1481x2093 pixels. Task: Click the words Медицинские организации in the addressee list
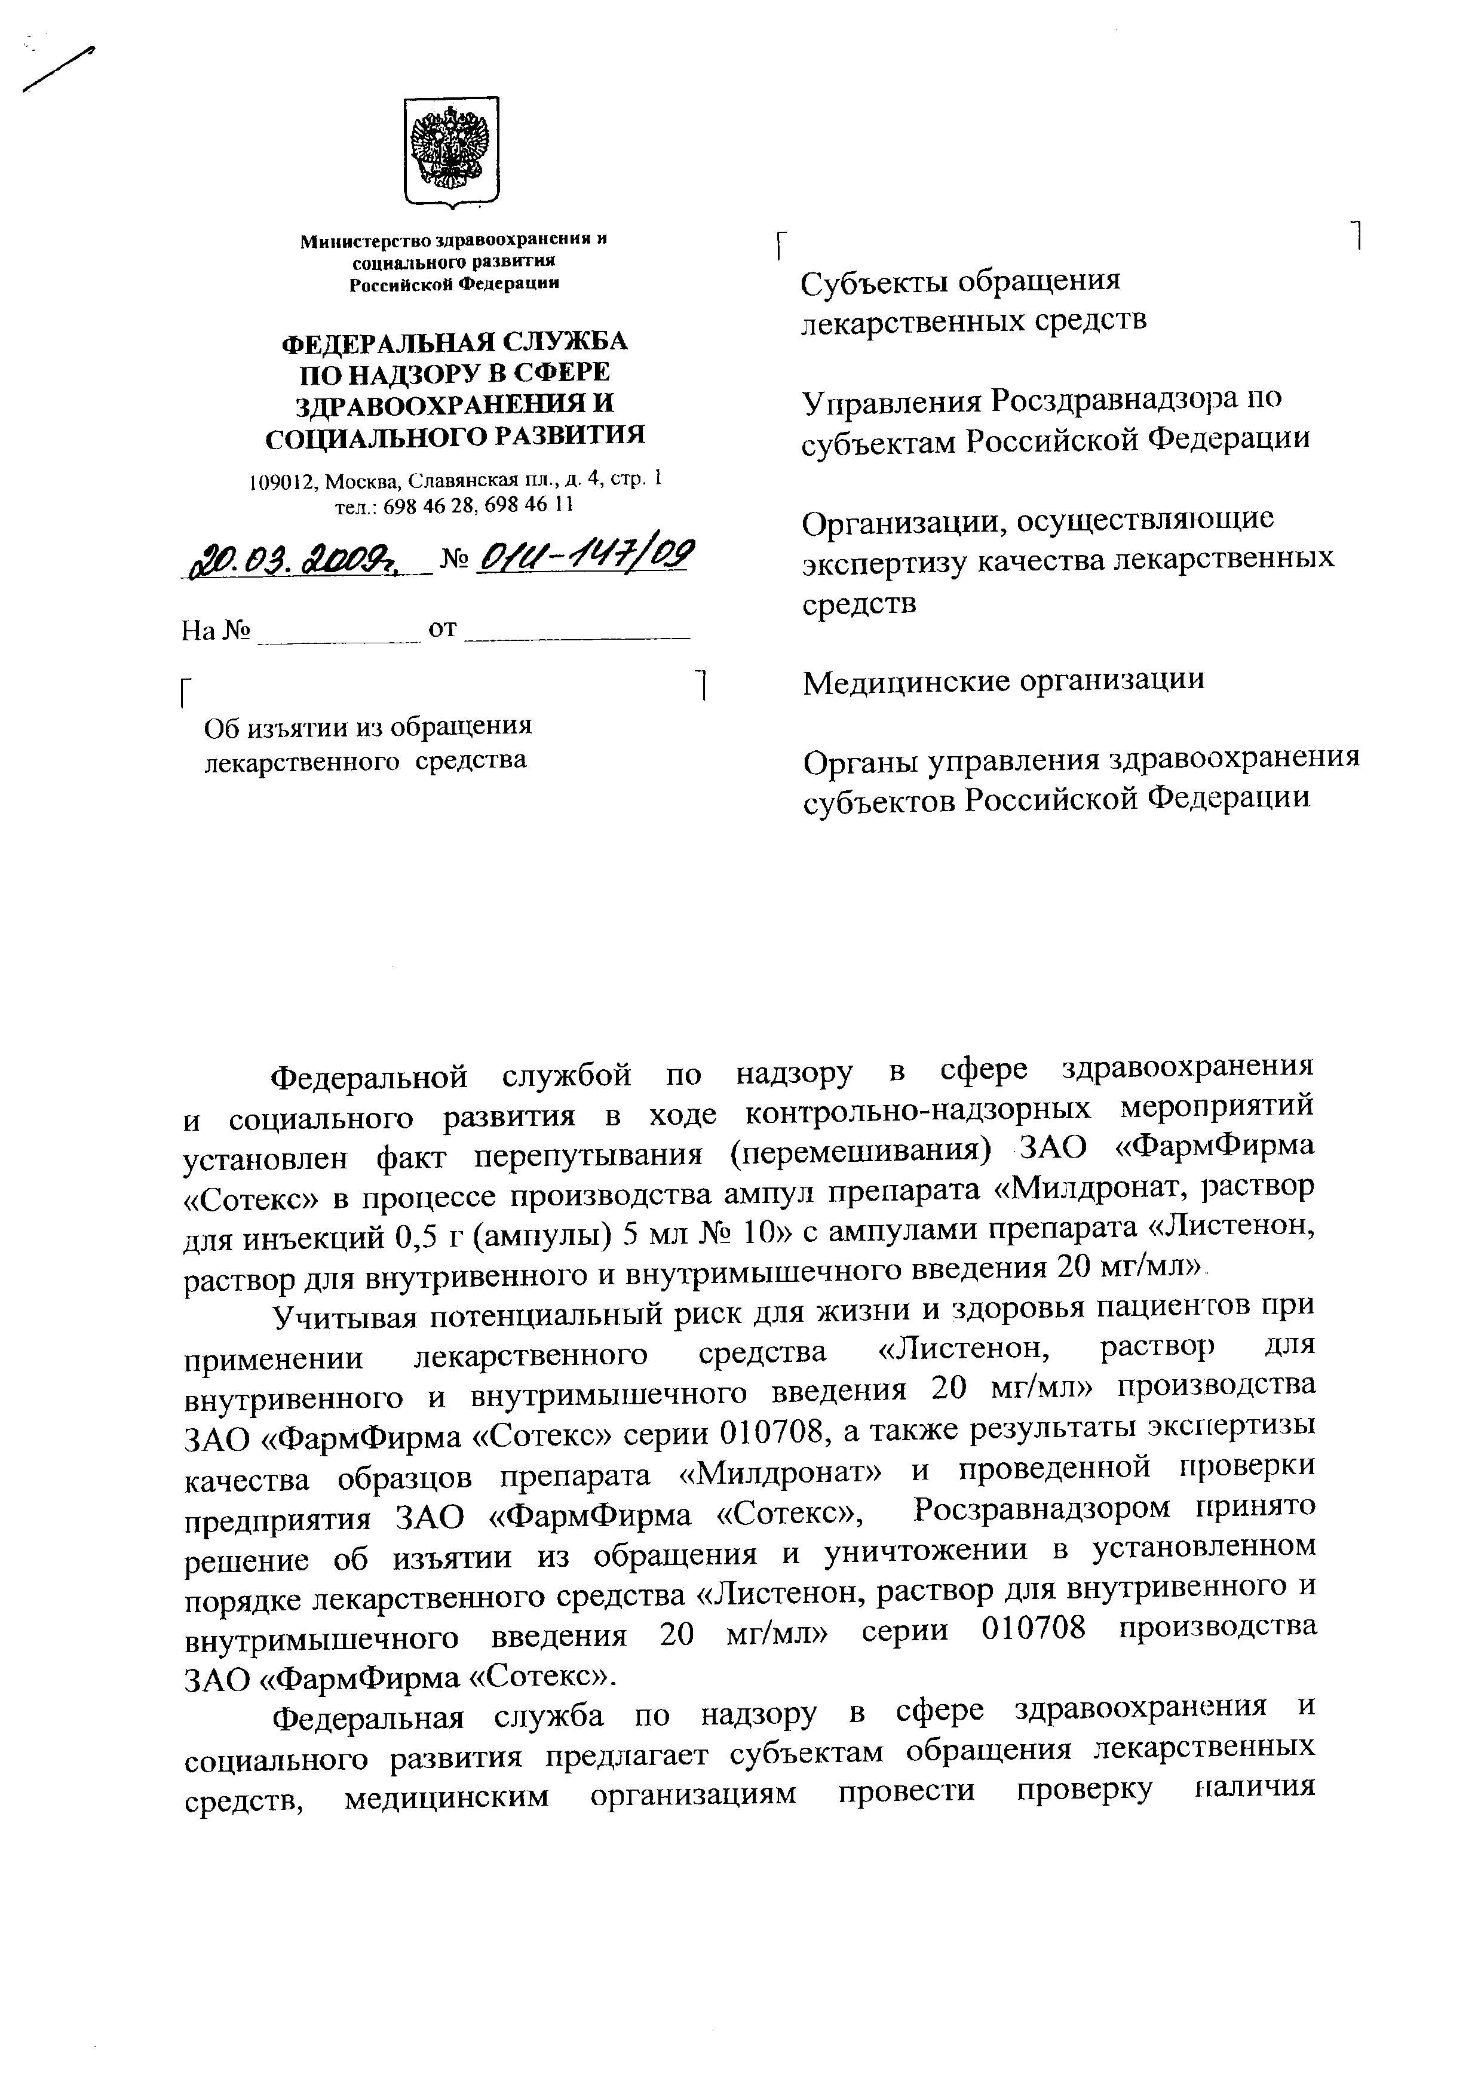(x=1002, y=680)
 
